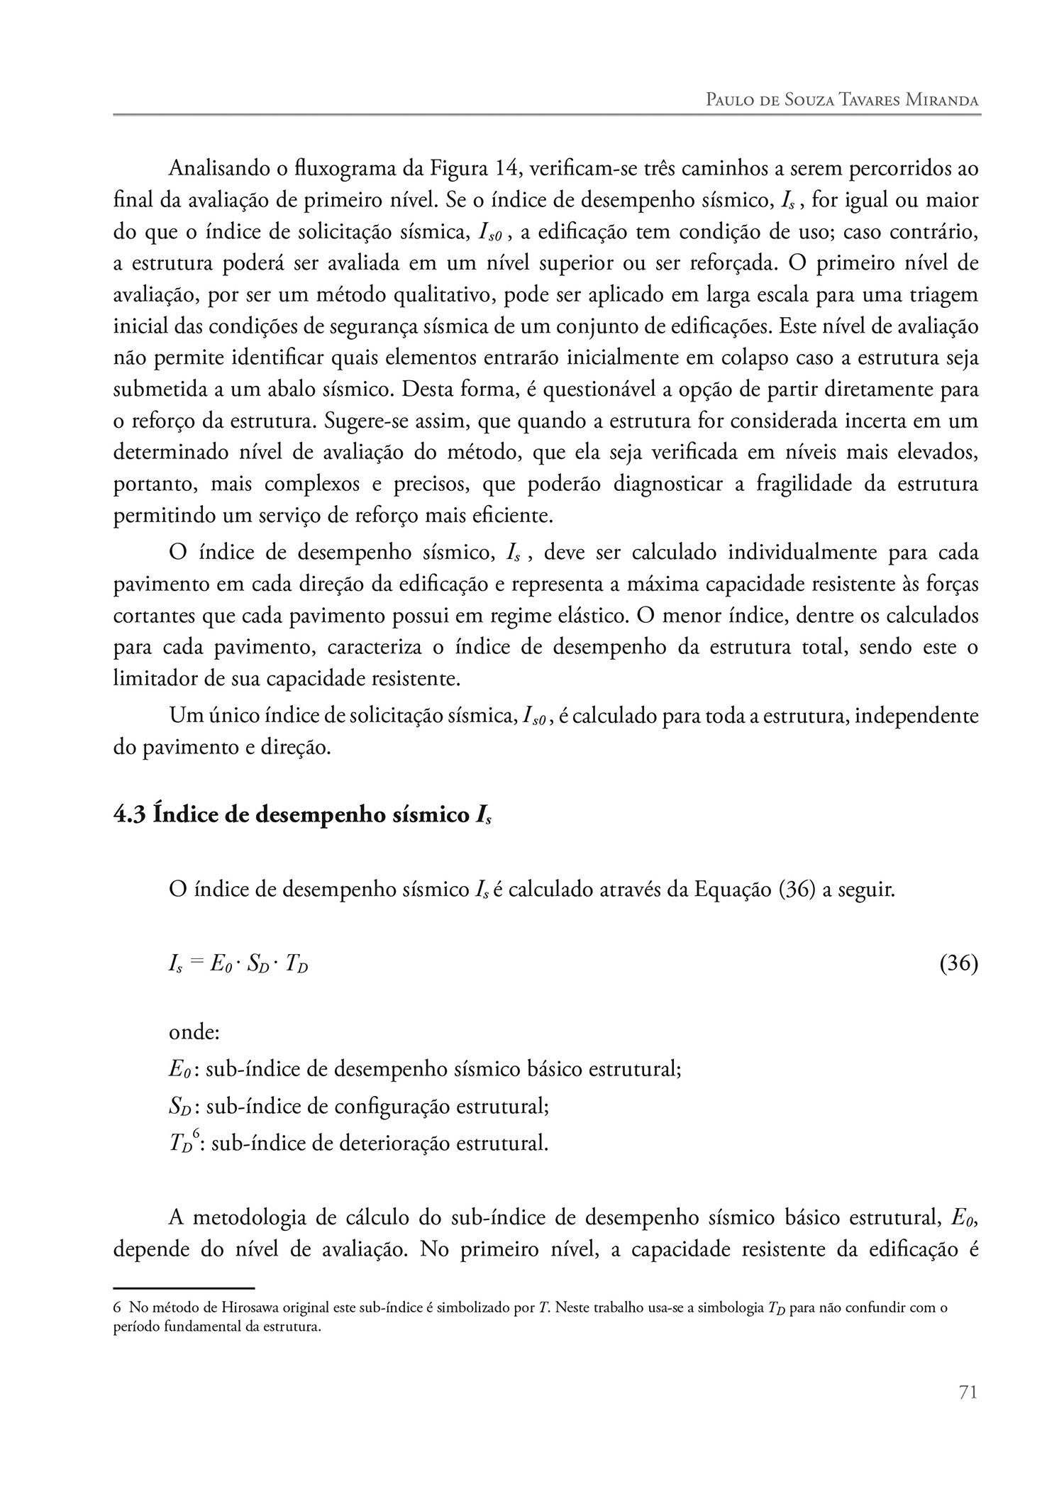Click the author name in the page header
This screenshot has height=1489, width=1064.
(x=842, y=100)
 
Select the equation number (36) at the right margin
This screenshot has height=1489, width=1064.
(x=958, y=964)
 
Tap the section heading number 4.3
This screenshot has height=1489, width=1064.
(x=130, y=814)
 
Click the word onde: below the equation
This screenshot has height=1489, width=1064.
(x=194, y=1032)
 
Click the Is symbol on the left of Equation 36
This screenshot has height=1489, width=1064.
(x=175, y=965)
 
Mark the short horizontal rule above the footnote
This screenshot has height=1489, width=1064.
(x=184, y=1287)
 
